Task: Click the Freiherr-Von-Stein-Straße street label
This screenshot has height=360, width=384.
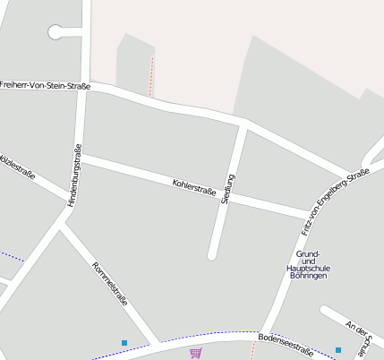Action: coord(45,85)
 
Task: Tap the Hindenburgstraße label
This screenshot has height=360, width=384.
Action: coord(73,176)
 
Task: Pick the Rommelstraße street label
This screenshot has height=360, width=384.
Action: coord(109,283)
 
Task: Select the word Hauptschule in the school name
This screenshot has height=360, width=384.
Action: coord(308,268)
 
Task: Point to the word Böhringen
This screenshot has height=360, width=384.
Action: coord(308,276)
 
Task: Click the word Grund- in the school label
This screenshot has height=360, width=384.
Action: coord(308,253)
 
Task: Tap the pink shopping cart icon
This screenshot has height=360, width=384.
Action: coord(195,352)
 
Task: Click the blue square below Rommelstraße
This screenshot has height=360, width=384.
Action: coord(124,342)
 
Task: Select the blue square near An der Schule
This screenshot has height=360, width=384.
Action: coord(338,349)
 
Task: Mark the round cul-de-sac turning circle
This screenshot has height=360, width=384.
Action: coord(56,32)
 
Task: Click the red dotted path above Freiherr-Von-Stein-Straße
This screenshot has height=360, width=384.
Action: coord(151,76)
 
